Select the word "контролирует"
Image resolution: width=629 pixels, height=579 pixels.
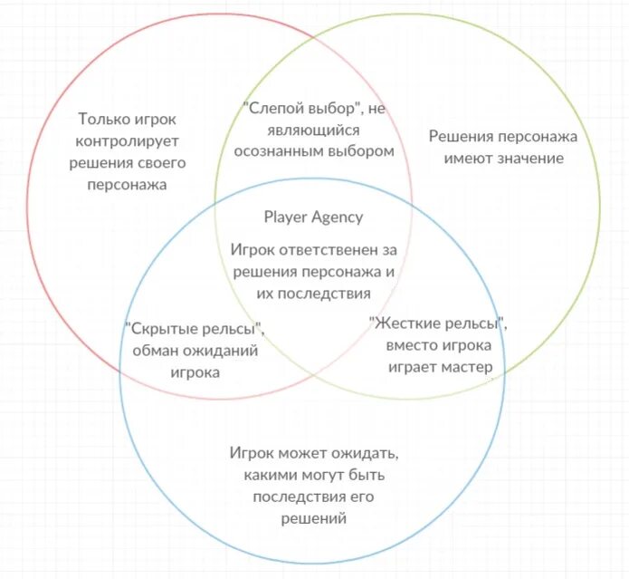127,141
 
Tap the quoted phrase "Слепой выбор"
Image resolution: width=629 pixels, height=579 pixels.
303,109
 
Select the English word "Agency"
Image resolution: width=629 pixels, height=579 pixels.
337,217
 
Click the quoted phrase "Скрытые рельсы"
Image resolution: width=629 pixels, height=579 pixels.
195,327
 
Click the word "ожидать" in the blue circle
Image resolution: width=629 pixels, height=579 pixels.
367,452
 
